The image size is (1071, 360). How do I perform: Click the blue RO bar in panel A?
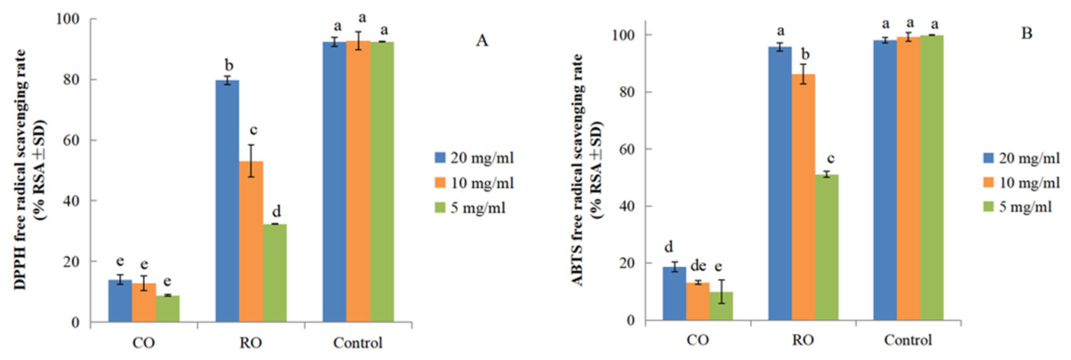tap(228, 201)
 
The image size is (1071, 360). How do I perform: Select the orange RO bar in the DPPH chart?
tap(251, 242)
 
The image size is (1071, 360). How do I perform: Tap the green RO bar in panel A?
tap(275, 273)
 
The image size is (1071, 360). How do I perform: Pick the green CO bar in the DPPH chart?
tap(168, 308)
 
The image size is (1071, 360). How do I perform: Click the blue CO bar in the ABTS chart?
tap(675, 293)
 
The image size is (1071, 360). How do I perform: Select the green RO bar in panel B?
tap(827, 247)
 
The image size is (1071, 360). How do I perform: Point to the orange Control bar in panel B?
tap(908, 179)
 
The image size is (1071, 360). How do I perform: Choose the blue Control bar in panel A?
tap(334, 181)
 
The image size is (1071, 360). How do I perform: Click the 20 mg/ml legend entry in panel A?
tap(475, 157)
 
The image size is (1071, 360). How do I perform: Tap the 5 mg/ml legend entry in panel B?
tap(1018, 206)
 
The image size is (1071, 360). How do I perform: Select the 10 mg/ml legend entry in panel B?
tap(1022, 182)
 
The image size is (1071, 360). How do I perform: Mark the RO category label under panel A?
tap(251, 343)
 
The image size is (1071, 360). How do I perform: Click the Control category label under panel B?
tap(908, 340)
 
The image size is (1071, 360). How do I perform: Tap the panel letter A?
tap(482, 41)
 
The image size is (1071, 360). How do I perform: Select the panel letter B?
tap(1027, 33)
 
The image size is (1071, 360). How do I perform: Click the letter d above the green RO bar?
tap(276, 211)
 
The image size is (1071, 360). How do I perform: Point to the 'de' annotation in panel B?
tap(699, 266)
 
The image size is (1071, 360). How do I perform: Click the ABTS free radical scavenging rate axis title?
tap(578, 170)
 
